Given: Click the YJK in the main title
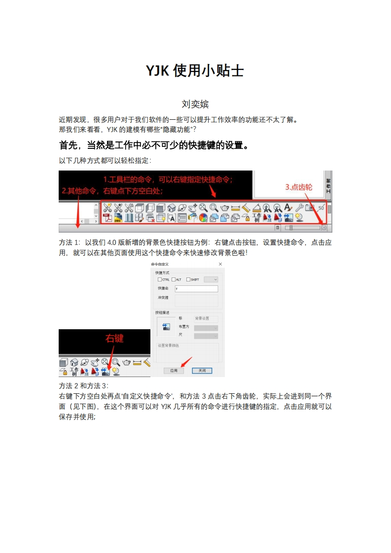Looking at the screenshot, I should (x=158, y=71).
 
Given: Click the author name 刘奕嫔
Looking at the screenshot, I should (x=195, y=104).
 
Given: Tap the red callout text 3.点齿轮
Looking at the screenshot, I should (x=299, y=187).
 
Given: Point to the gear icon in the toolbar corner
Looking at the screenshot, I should (x=324, y=228).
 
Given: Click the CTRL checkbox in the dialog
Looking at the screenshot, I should (x=159, y=279).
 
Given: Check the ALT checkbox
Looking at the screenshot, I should (x=174, y=279).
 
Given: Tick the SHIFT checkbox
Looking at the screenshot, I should (x=188, y=279).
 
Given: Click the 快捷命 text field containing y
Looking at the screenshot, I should (x=196, y=289).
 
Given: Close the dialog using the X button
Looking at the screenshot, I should (x=219, y=265).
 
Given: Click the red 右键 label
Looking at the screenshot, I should (x=114, y=338).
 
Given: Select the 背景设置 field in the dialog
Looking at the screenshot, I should (x=206, y=319).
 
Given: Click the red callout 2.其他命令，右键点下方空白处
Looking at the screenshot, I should (x=112, y=191).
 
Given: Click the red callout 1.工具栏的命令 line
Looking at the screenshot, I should (x=168, y=179).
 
